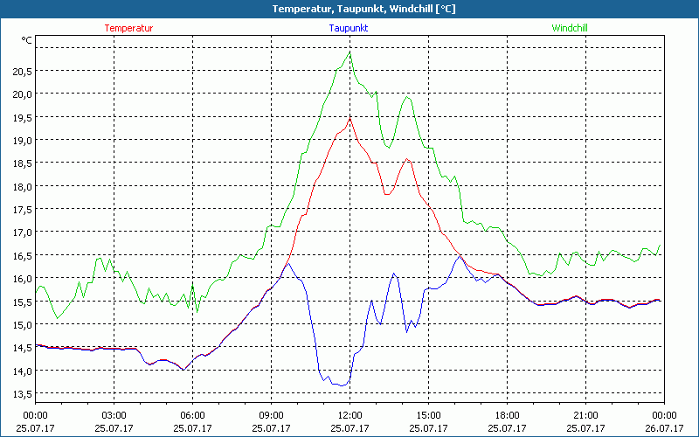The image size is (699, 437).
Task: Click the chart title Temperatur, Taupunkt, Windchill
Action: [349, 9]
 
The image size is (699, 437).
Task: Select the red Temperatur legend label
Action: [128, 28]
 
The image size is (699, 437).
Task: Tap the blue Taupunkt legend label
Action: [349, 28]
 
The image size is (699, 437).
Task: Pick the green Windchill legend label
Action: [570, 28]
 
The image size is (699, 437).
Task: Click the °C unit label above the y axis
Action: [27, 40]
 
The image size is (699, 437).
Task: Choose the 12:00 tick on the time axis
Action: [349, 415]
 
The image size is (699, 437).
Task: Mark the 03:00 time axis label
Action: [114, 415]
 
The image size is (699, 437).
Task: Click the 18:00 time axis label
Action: [507, 415]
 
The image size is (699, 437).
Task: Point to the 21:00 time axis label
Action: [585, 415]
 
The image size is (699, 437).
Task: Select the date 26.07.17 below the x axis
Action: [664, 427]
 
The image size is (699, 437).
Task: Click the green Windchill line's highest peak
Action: [349, 52]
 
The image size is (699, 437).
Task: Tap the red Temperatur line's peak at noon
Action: [349, 118]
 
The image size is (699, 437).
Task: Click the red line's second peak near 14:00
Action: [406, 159]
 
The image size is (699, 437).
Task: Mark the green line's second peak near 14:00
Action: [407, 96]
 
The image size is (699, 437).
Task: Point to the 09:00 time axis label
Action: [271, 415]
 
